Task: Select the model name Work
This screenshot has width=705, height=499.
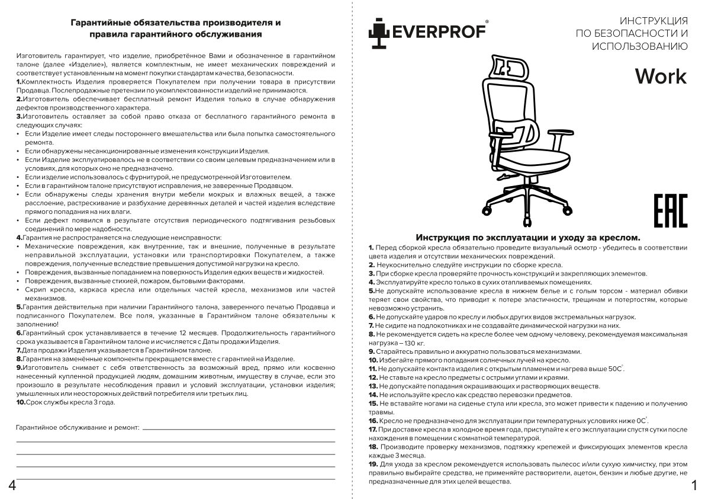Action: click(x=661, y=76)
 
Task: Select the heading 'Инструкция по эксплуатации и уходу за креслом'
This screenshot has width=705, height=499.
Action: click(x=528, y=237)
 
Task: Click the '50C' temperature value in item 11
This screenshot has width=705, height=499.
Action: click(x=615, y=369)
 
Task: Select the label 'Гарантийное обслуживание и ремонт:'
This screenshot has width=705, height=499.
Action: click(x=77, y=427)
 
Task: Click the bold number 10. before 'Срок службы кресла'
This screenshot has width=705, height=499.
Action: click(x=21, y=402)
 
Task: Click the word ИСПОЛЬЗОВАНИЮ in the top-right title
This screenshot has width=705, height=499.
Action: click(x=639, y=46)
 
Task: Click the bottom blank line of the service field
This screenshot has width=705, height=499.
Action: click(x=175, y=477)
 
